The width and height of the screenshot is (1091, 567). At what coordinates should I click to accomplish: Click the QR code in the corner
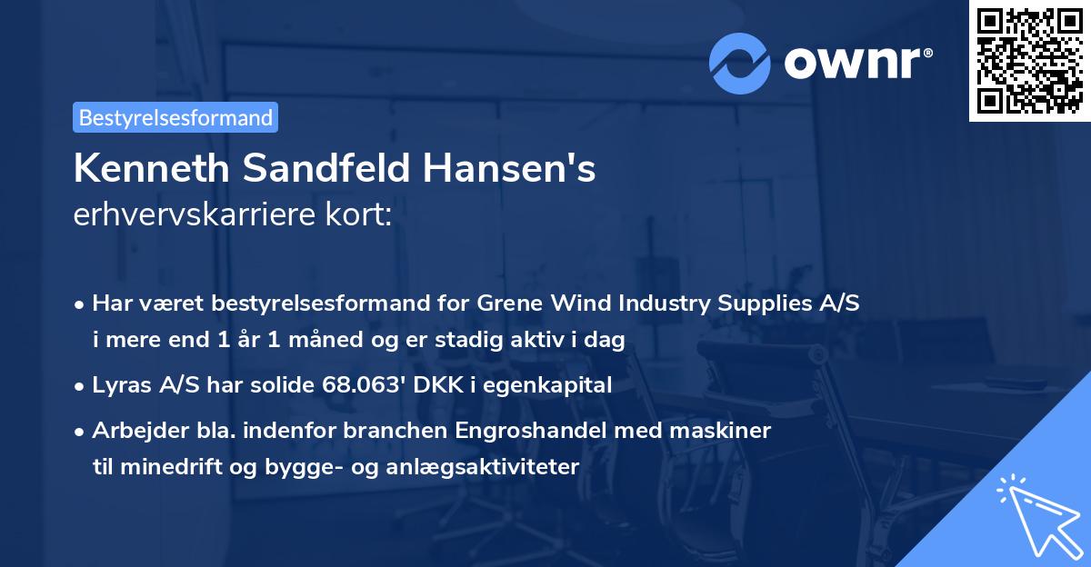pos(1029,60)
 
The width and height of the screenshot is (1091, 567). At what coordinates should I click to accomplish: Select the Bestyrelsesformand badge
pos(175,117)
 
